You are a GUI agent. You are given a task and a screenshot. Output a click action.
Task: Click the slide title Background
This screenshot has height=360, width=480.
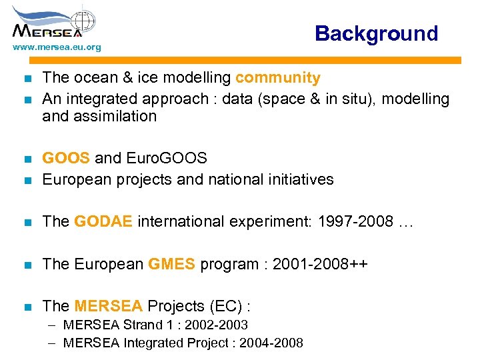(376, 33)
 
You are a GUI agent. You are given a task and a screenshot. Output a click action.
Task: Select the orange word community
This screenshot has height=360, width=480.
(277, 78)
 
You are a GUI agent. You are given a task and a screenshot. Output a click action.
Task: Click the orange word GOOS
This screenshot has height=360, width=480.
(66, 159)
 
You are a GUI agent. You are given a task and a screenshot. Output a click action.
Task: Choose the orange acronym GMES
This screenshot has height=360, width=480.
(172, 264)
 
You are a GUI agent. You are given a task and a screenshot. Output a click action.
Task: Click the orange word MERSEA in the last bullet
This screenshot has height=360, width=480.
(109, 306)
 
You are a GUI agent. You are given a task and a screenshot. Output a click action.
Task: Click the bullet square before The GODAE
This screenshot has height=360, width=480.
(27, 222)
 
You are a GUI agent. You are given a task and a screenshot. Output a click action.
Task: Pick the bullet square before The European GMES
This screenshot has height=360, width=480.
(27, 265)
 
